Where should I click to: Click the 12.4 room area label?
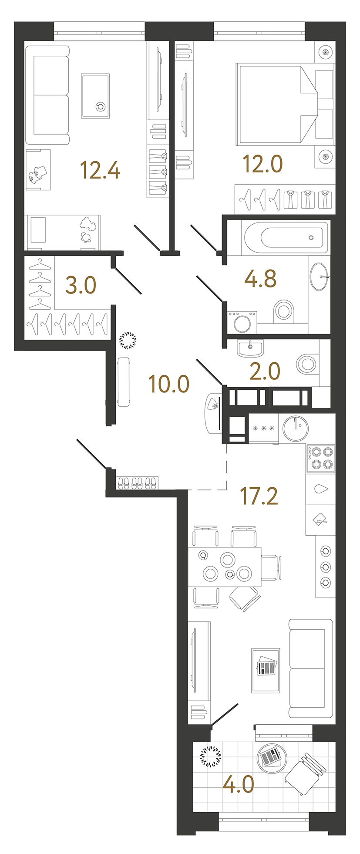[x=100, y=170]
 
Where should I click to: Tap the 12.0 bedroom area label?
[x=262, y=164]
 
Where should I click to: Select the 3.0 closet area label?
[x=81, y=285]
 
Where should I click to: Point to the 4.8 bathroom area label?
[x=260, y=279]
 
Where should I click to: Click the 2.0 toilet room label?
[x=265, y=371]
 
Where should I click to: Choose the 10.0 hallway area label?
[x=168, y=384]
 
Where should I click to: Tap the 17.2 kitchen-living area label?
[x=259, y=496]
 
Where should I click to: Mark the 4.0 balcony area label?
[x=238, y=784]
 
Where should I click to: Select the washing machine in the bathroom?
[x=242, y=322]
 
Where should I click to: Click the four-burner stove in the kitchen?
[x=321, y=458]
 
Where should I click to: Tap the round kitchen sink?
[x=296, y=428]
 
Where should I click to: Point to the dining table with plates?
[x=224, y=567]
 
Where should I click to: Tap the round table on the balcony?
[x=272, y=758]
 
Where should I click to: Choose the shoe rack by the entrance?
[x=137, y=483]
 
